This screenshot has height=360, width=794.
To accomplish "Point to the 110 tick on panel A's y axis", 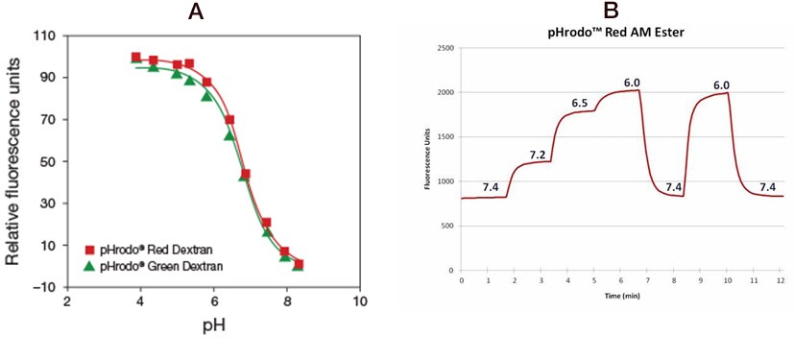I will [x=44, y=36].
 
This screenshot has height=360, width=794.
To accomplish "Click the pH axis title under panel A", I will [x=213, y=326].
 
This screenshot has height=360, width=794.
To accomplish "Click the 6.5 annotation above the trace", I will [x=579, y=103].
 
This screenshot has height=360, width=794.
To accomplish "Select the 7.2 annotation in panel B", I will [x=538, y=154].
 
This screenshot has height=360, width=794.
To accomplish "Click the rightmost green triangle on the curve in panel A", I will [x=298, y=265].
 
